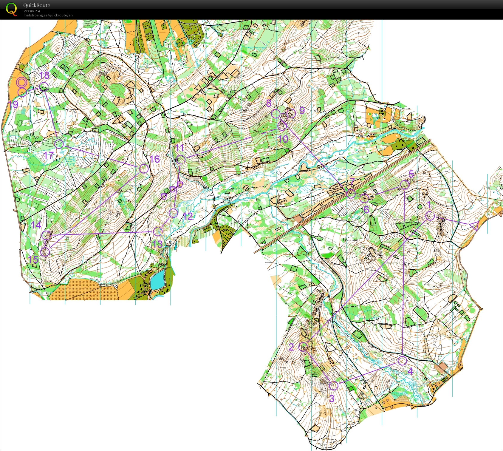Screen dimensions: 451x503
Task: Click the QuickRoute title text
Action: tap(37, 5)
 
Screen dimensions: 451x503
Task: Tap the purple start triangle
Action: tap(474, 226)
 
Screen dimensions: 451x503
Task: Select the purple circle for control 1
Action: tap(430, 216)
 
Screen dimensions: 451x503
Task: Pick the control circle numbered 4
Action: tap(402, 361)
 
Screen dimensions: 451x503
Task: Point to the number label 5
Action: tap(411, 174)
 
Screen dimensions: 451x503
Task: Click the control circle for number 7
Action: tap(351, 194)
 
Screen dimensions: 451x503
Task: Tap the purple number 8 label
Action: tap(269, 103)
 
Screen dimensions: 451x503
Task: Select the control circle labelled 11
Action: tap(181, 160)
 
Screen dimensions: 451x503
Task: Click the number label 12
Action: tap(188, 216)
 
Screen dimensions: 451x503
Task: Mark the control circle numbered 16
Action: tap(144, 169)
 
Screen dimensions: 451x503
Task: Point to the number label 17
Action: tap(49, 155)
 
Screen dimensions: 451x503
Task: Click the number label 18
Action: tap(44, 75)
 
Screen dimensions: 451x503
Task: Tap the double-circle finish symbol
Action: tap(21, 82)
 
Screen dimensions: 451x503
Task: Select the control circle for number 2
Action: tap(303, 347)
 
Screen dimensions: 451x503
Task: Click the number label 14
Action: tap(36, 225)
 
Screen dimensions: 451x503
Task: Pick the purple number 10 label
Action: tap(283, 139)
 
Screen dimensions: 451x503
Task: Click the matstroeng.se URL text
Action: tap(48, 15)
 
